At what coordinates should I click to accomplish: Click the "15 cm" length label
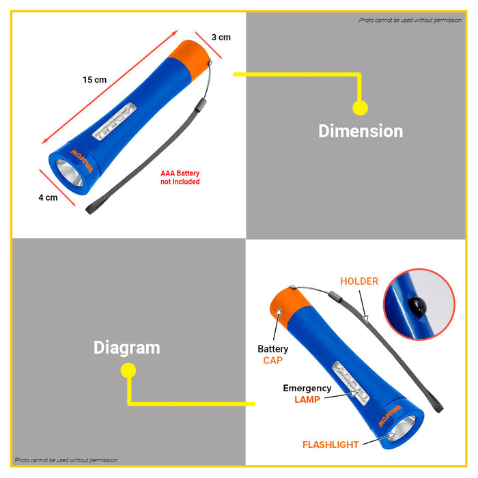95,80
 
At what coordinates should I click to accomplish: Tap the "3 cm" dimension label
221,38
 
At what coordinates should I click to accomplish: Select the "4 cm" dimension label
48,197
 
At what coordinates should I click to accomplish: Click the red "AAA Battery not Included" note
180,178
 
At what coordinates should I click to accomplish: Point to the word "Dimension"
361,131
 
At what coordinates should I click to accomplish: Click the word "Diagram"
127,348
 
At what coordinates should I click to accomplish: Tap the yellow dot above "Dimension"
360,108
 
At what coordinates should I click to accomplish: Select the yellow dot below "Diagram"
128,370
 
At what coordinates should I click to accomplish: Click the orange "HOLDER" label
359,281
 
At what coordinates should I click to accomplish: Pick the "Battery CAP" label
273,354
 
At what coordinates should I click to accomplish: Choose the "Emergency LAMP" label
307,393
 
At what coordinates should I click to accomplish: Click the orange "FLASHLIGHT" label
331,445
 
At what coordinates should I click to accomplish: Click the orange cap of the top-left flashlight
189,59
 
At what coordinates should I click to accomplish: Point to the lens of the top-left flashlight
70,172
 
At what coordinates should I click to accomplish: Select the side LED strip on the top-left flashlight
114,122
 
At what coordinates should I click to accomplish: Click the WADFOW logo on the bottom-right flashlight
390,416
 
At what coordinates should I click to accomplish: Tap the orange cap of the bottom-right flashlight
290,308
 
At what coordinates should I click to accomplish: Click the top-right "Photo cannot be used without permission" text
410,20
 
